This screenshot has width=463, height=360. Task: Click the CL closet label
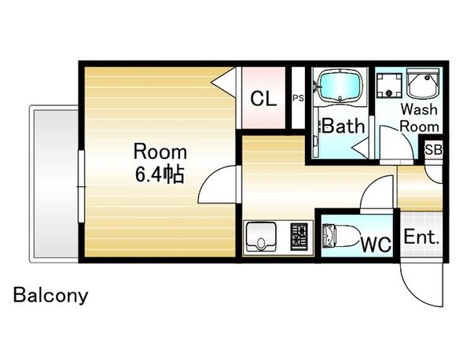click(263, 98)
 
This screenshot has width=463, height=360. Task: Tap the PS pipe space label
click(298, 98)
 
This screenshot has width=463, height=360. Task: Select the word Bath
click(343, 126)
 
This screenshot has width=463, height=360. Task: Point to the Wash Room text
click(419, 118)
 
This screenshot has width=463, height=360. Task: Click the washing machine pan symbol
click(389, 85)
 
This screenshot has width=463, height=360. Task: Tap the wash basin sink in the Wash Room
click(423, 83)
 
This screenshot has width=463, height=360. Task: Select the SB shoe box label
click(433, 150)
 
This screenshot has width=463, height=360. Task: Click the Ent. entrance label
click(421, 237)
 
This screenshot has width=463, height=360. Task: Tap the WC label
click(377, 244)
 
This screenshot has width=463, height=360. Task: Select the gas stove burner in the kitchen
click(299, 237)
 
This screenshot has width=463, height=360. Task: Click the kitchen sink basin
click(261, 237)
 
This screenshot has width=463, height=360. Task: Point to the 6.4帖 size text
click(160, 174)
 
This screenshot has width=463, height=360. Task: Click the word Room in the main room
click(160, 152)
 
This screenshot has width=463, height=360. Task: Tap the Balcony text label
click(51, 295)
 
